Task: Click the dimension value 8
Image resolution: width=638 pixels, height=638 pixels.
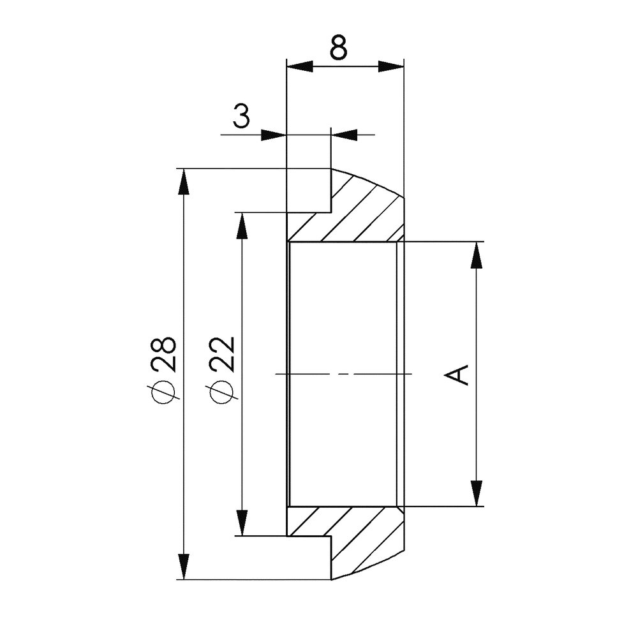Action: (x=338, y=48)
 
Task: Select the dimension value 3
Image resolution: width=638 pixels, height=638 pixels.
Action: (x=241, y=117)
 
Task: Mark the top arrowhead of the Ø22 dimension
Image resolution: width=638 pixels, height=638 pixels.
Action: (x=242, y=226)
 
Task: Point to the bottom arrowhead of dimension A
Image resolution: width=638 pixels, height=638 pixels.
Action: (x=475, y=492)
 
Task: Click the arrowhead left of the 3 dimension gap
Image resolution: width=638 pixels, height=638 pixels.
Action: (x=272, y=135)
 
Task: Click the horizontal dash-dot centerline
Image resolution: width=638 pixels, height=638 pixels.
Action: (x=345, y=373)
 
